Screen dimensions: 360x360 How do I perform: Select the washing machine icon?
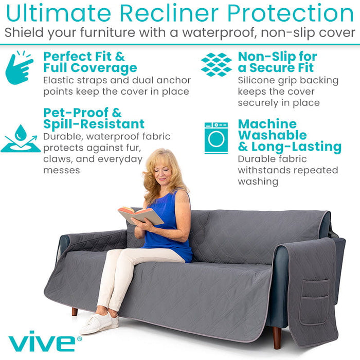click(x=216, y=138)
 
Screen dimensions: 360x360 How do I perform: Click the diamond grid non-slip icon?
click(x=216, y=65)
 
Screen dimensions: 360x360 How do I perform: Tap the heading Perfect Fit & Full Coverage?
click(x=90, y=62)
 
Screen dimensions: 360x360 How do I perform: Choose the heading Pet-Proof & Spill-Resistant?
click(x=94, y=118)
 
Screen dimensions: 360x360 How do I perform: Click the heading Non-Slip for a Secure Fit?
click(x=277, y=62)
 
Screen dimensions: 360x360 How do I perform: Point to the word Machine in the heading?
click(x=267, y=124)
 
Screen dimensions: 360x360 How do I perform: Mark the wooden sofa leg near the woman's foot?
click(x=75, y=312)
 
